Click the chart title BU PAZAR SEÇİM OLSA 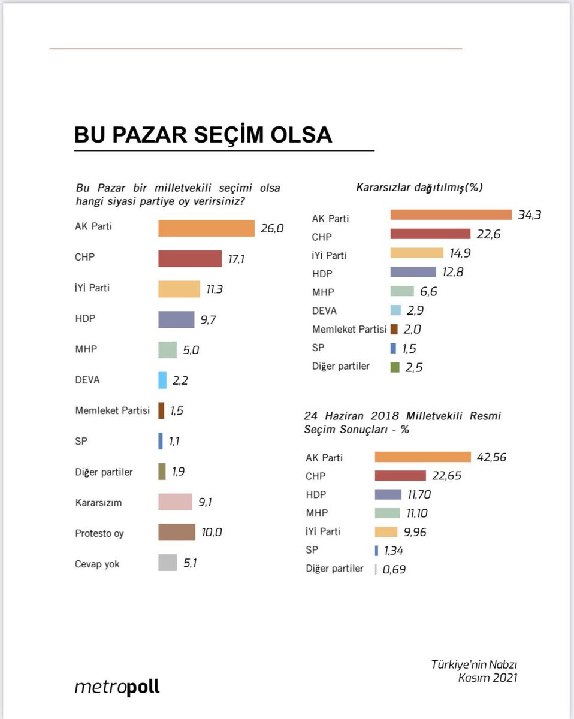(x=203, y=135)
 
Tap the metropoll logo (x=117, y=687)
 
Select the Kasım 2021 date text (x=487, y=678)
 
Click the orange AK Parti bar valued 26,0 (x=206, y=228)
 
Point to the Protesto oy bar (x=177, y=532)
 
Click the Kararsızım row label (x=98, y=503)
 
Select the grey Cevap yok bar (x=168, y=563)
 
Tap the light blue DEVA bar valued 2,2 (x=162, y=380)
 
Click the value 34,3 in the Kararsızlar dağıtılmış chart (x=529, y=215)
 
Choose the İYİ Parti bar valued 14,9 (x=416, y=253)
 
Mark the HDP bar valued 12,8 (x=413, y=272)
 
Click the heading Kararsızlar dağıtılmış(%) (x=419, y=188)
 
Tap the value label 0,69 (x=394, y=569)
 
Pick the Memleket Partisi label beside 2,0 (x=349, y=329)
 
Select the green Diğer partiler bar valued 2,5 (x=395, y=367)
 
